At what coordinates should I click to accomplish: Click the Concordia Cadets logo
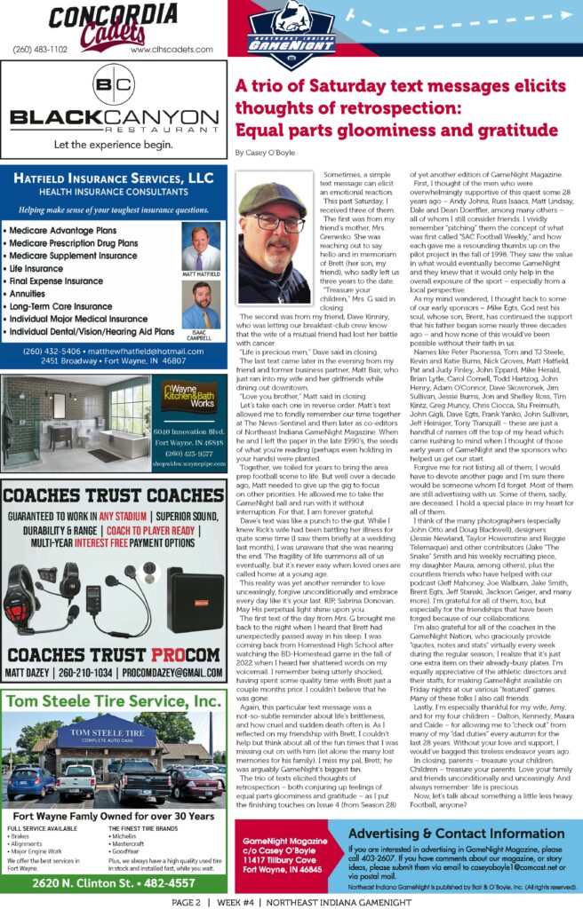pyautogui.click(x=114, y=23)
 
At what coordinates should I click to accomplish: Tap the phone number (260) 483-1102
pyautogui.click(x=40, y=51)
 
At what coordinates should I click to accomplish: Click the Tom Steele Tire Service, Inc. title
pyautogui.click(x=114, y=702)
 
